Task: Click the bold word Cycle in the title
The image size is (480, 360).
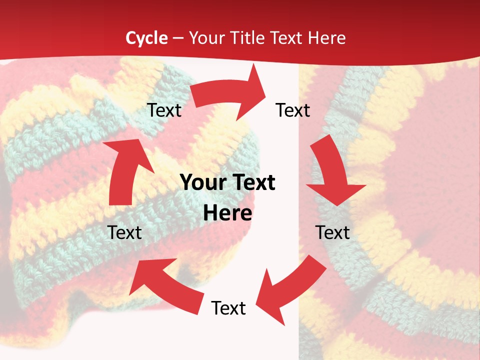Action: pyautogui.click(x=146, y=38)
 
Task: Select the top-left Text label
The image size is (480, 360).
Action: pyautogui.click(x=164, y=110)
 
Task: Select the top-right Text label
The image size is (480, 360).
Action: pyautogui.click(x=293, y=110)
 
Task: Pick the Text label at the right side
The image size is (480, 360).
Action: pyautogui.click(x=332, y=232)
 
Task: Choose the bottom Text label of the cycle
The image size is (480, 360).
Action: pyautogui.click(x=228, y=308)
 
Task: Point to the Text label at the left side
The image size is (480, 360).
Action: pyautogui.click(x=125, y=232)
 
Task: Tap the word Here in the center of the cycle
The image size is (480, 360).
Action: pyautogui.click(x=227, y=213)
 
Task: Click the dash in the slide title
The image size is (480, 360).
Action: pyautogui.click(x=178, y=38)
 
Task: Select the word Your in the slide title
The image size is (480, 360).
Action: pyautogui.click(x=206, y=38)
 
